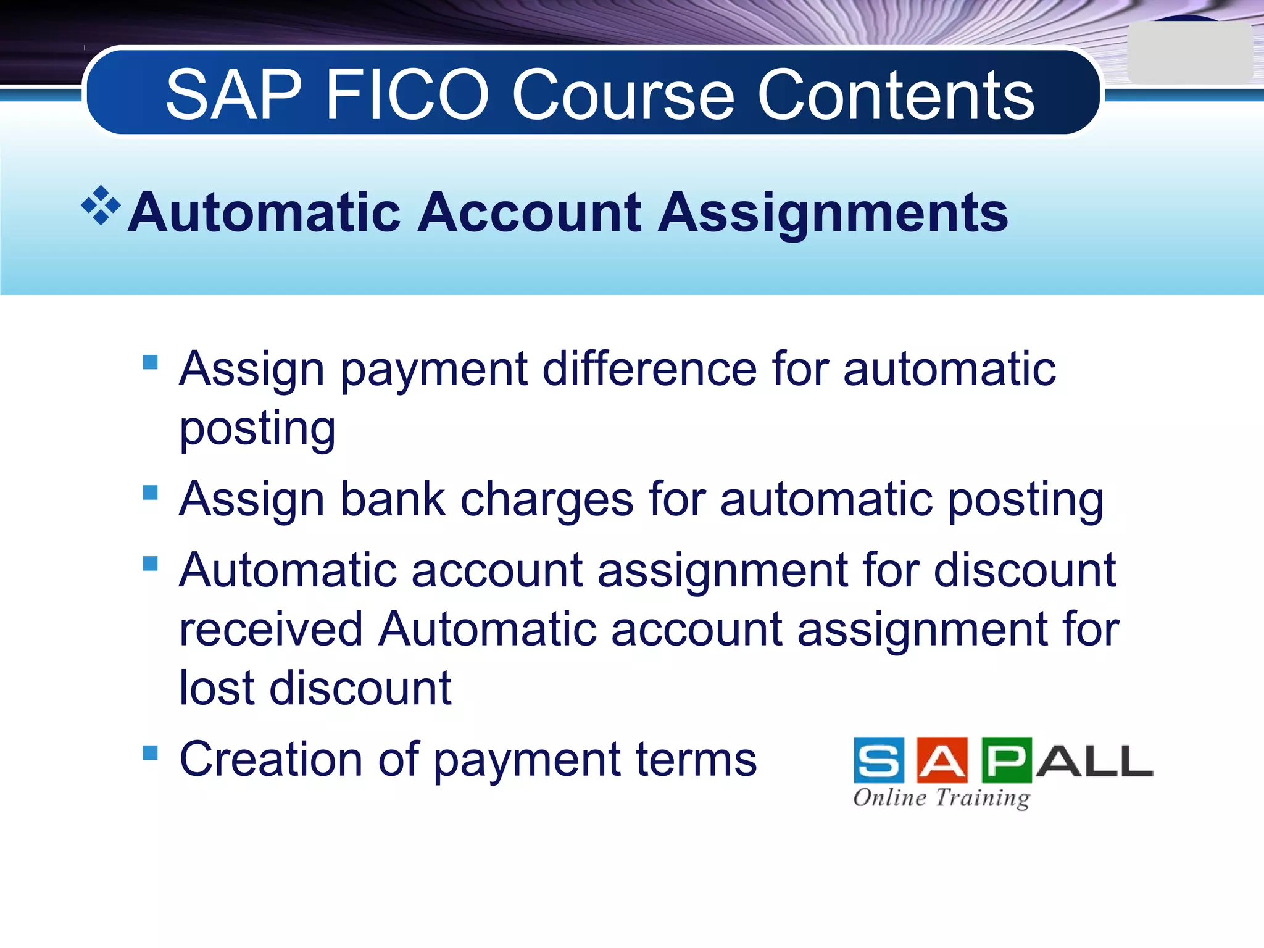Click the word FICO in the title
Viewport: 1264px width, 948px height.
[407, 95]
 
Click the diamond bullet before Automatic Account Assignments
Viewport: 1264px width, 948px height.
[101, 205]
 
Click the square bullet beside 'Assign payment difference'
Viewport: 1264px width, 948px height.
[150, 362]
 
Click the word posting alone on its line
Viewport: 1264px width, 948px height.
[257, 430]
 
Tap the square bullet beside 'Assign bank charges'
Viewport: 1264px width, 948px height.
[150, 493]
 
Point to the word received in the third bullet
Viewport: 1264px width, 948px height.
[270, 630]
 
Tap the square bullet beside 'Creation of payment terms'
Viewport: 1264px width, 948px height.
[150, 752]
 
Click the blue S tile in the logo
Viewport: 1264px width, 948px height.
[879, 760]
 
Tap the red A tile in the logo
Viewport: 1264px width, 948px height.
[942, 760]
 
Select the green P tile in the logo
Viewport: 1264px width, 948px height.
[1006, 760]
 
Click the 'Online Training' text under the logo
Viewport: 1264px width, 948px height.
[942, 797]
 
